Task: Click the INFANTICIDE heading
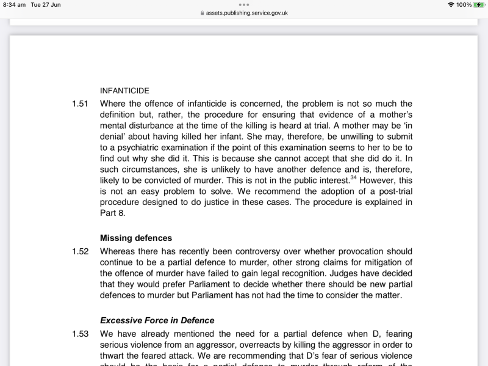(x=124, y=90)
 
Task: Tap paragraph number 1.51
(x=81, y=104)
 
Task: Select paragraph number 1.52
(x=81, y=251)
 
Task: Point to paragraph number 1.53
(x=81, y=334)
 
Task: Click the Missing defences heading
(x=136, y=238)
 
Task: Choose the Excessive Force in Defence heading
(x=157, y=320)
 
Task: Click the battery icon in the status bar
(x=479, y=5)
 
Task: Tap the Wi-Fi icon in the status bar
(x=451, y=5)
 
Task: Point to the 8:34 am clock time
(x=14, y=5)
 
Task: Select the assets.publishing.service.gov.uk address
(x=246, y=13)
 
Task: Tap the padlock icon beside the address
(x=202, y=13)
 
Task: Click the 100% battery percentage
(x=464, y=5)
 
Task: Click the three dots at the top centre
(x=244, y=4)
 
